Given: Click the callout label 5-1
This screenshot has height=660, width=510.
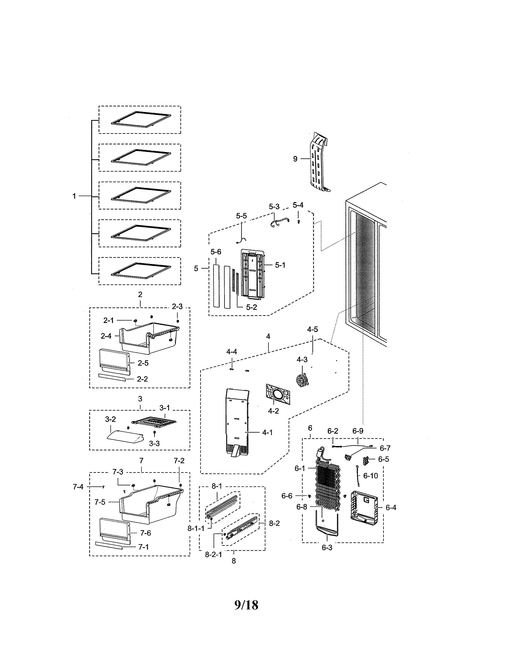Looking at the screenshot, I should (x=280, y=265).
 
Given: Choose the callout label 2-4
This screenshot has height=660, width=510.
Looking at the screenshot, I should (x=106, y=336).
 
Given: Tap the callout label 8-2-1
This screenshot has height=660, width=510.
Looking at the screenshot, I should (x=213, y=555).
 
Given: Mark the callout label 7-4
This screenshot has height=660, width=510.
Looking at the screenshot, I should (x=78, y=487).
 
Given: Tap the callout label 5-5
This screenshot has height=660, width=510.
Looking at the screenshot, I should (x=241, y=216).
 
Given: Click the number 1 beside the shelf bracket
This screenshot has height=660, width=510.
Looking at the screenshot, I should (x=74, y=196).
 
